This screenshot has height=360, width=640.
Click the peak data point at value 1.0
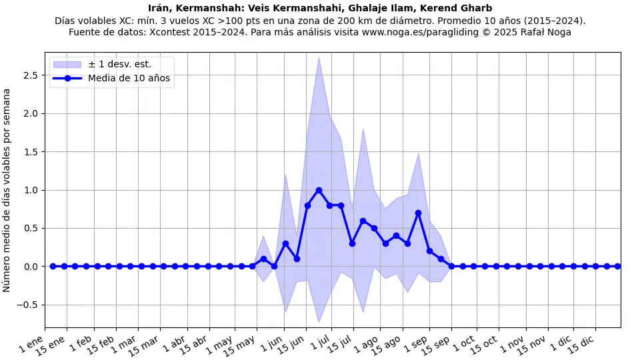(319, 190)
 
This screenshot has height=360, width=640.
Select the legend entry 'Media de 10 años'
(129, 78)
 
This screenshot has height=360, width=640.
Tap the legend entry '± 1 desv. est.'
(119, 64)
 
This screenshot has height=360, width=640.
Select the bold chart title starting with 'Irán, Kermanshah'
(320, 9)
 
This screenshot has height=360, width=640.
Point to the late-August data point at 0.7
(418, 213)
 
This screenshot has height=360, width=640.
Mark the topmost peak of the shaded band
(319, 57)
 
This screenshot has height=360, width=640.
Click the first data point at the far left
(53, 267)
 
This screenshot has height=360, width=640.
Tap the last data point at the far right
(617, 267)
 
